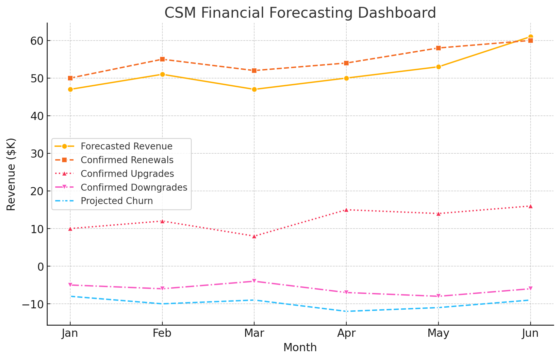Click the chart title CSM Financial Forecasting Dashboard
click(300, 13)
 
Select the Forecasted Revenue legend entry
click(126, 146)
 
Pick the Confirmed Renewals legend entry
click(127, 160)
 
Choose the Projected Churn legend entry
click(117, 201)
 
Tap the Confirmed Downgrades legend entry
click(134, 187)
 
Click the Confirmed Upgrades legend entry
click(127, 174)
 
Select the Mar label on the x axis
click(254, 334)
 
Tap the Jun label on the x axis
click(530, 334)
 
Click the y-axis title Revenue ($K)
click(11, 174)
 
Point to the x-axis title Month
click(300, 348)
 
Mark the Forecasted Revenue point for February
click(162, 75)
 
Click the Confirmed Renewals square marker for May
click(438, 48)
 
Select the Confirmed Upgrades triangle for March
click(254, 236)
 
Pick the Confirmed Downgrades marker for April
click(346, 292)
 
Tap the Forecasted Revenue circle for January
click(70, 90)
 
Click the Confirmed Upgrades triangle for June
click(530, 206)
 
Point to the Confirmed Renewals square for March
click(254, 71)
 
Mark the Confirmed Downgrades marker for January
click(70, 285)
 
